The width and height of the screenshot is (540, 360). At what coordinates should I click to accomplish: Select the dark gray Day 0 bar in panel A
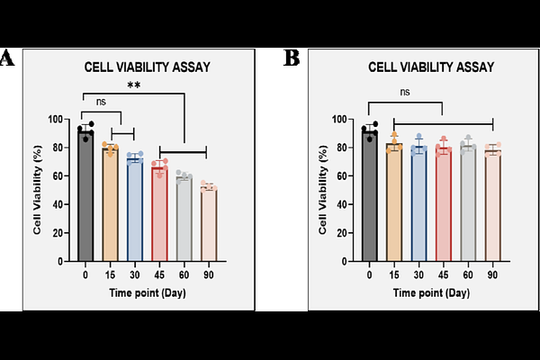point(85,198)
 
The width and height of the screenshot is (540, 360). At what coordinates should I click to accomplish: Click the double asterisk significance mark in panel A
point(134,85)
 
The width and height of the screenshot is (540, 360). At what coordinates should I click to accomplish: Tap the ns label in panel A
point(102,103)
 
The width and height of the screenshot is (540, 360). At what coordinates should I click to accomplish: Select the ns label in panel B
point(406,91)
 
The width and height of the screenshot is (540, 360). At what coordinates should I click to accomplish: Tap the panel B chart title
point(431,66)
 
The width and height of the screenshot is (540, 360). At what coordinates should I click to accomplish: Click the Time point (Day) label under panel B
point(431,292)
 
